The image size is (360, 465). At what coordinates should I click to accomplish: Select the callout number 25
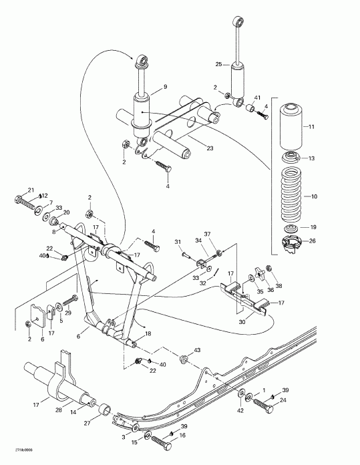coord(217,64)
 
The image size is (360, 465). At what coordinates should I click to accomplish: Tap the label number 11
coord(310,126)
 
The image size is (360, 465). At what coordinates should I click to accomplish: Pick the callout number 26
coord(310,241)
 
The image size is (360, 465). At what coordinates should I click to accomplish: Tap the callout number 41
coord(256,97)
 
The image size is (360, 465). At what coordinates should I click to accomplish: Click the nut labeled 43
coord(184,361)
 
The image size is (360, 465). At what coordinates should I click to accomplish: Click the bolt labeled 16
coord(162,442)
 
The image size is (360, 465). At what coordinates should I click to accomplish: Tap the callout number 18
coord(148,333)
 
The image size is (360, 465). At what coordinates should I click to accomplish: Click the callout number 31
coord(178,241)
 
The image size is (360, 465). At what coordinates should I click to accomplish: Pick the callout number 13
coord(310,158)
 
